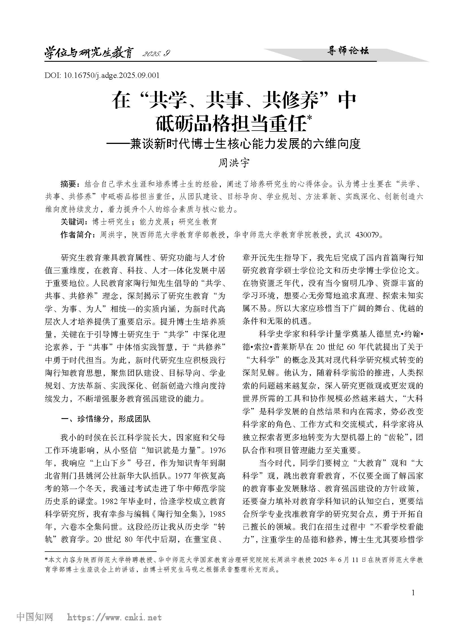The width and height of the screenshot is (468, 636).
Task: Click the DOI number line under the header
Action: coord(102,75)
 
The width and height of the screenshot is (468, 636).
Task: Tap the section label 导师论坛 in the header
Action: coord(348,51)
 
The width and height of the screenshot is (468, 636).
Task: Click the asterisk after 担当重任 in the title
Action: coord(309,119)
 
